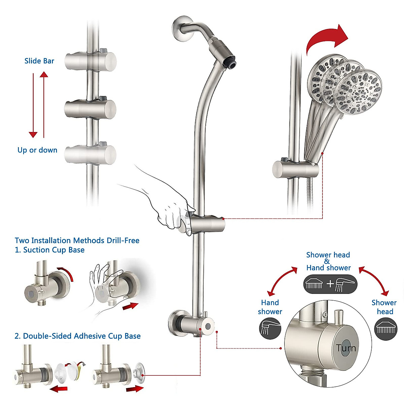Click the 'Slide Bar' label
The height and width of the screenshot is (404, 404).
39,61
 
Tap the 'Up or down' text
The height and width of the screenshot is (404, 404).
37,150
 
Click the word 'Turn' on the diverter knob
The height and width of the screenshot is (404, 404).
346,348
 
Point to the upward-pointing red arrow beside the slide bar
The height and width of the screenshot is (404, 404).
44,104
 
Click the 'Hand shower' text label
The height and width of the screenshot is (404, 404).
270,307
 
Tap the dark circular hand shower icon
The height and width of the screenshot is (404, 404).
270,328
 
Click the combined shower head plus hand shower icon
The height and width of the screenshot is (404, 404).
330,284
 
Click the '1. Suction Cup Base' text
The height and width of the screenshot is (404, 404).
49,250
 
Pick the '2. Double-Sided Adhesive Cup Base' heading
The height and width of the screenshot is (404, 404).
77,336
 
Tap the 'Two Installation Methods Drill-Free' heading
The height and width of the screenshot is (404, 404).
77,240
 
